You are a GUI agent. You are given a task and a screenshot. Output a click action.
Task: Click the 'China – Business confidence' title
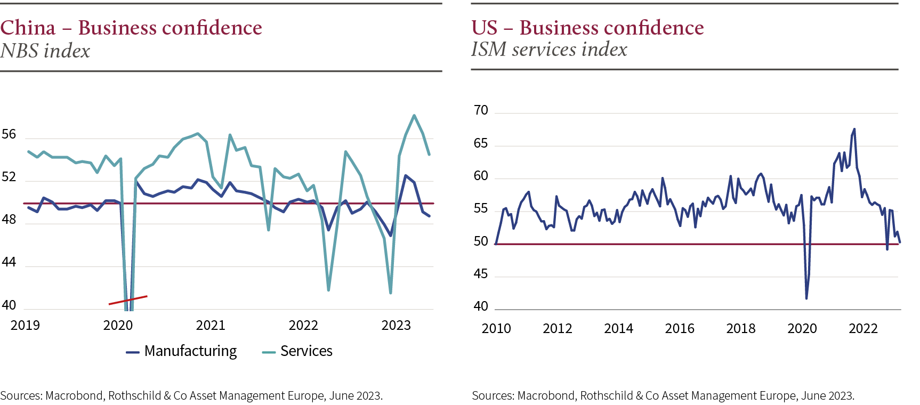pyautogui.click(x=131, y=28)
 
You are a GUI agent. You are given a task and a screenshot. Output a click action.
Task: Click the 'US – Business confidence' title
pyautogui.click(x=587, y=28)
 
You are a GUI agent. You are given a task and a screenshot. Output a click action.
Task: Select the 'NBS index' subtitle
pyautogui.click(x=45, y=51)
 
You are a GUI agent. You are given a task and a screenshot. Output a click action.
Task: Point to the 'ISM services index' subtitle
pyautogui.click(x=549, y=50)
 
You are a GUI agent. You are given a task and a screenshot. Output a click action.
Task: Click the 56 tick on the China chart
pyautogui.click(x=9, y=134)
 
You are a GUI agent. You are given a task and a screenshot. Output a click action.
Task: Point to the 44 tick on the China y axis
pyautogui.click(x=9, y=262)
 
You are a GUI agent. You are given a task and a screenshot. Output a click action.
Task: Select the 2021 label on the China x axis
pyautogui.click(x=211, y=325)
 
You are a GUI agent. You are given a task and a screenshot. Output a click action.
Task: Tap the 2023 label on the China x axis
pyautogui.click(x=396, y=325)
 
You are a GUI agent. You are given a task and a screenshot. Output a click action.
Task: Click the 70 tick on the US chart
pyautogui.click(x=481, y=110)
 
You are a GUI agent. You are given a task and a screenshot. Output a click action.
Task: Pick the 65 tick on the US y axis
pyautogui.click(x=481, y=143)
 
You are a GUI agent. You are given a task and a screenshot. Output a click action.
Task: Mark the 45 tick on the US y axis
pyautogui.click(x=481, y=274)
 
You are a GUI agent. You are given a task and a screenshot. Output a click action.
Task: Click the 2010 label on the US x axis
pyautogui.click(x=496, y=328)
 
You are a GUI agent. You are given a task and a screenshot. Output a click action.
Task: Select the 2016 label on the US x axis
pyautogui.click(x=680, y=328)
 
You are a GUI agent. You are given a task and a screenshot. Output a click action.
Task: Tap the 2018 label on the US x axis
pyautogui.click(x=741, y=328)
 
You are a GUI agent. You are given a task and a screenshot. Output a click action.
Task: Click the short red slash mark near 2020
pyautogui.click(x=128, y=300)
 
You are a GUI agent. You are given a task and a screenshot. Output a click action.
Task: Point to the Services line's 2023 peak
pyautogui.click(x=414, y=115)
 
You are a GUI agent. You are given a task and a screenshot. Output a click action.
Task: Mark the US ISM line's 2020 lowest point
pyautogui.click(x=806, y=298)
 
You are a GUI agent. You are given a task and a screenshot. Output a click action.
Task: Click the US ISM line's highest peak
pyautogui.click(x=854, y=129)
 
